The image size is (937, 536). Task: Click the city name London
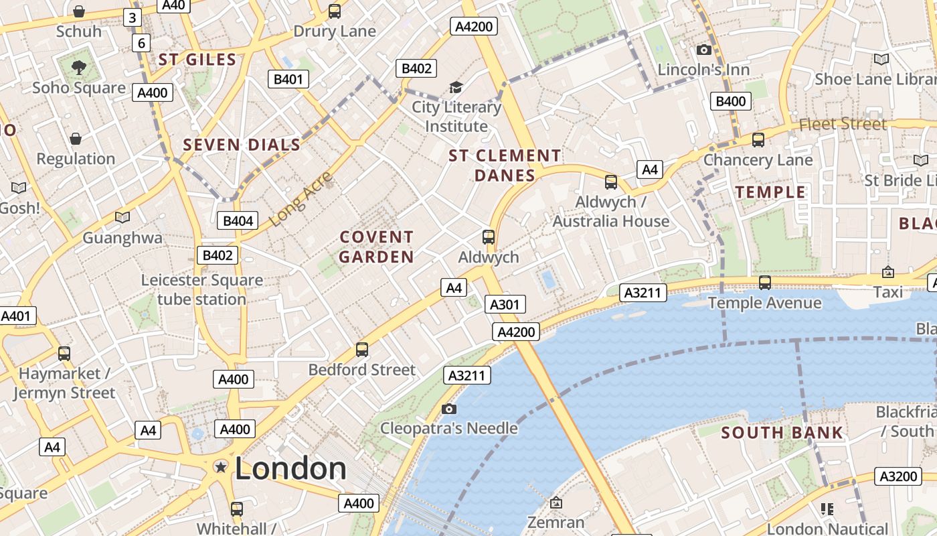tap(290, 468)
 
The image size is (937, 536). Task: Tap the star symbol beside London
tap(220, 467)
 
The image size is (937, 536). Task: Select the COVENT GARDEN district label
tap(376, 247)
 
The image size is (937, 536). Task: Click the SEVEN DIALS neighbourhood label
tap(242, 145)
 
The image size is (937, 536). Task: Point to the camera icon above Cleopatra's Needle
tap(449, 409)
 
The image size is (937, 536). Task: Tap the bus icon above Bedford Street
tap(362, 349)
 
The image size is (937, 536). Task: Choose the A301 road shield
tap(505, 305)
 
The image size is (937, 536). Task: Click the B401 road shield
tap(288, 79)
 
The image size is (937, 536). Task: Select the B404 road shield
tap(238, 220)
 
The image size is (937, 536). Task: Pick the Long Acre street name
tap(301, 199)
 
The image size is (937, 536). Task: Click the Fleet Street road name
tap(843, 124)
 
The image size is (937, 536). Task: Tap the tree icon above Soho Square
tap(79, 67)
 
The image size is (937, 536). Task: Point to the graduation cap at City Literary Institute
tap(456, 87)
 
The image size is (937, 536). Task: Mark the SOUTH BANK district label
tap(782, 433)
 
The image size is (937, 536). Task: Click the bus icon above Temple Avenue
tap(765, 283)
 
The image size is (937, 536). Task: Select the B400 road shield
tap(731, 101)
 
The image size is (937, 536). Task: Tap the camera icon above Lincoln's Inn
tap(703, 50)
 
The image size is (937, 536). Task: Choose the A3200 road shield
tap(898, 476)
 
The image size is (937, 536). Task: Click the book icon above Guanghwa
tap(122, 217)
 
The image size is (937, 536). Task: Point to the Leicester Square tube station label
tap(201, 289)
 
